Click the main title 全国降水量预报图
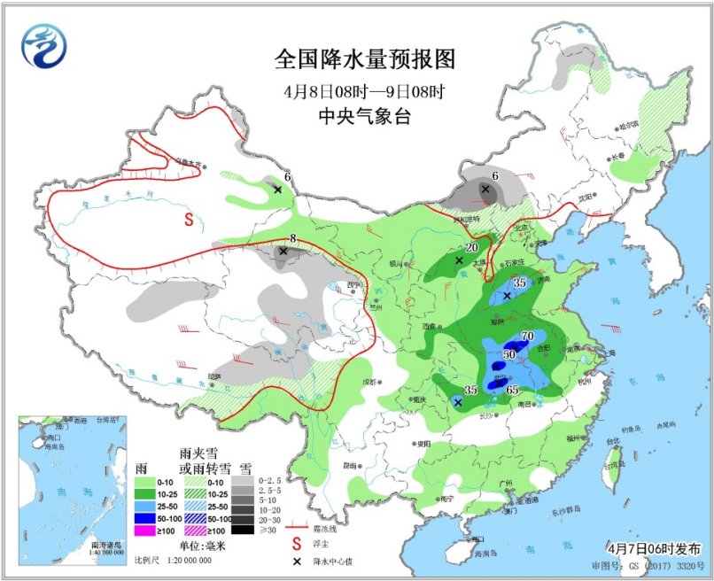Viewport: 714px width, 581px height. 365,59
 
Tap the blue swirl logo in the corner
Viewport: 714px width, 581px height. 44,47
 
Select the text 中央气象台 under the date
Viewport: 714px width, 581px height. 365,116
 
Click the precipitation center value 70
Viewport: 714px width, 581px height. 527,336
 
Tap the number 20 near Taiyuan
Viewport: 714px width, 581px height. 471,248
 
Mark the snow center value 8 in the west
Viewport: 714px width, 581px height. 292,237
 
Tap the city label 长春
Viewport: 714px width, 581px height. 617,157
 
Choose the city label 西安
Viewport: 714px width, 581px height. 431,327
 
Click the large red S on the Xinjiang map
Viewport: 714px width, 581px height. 189,219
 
